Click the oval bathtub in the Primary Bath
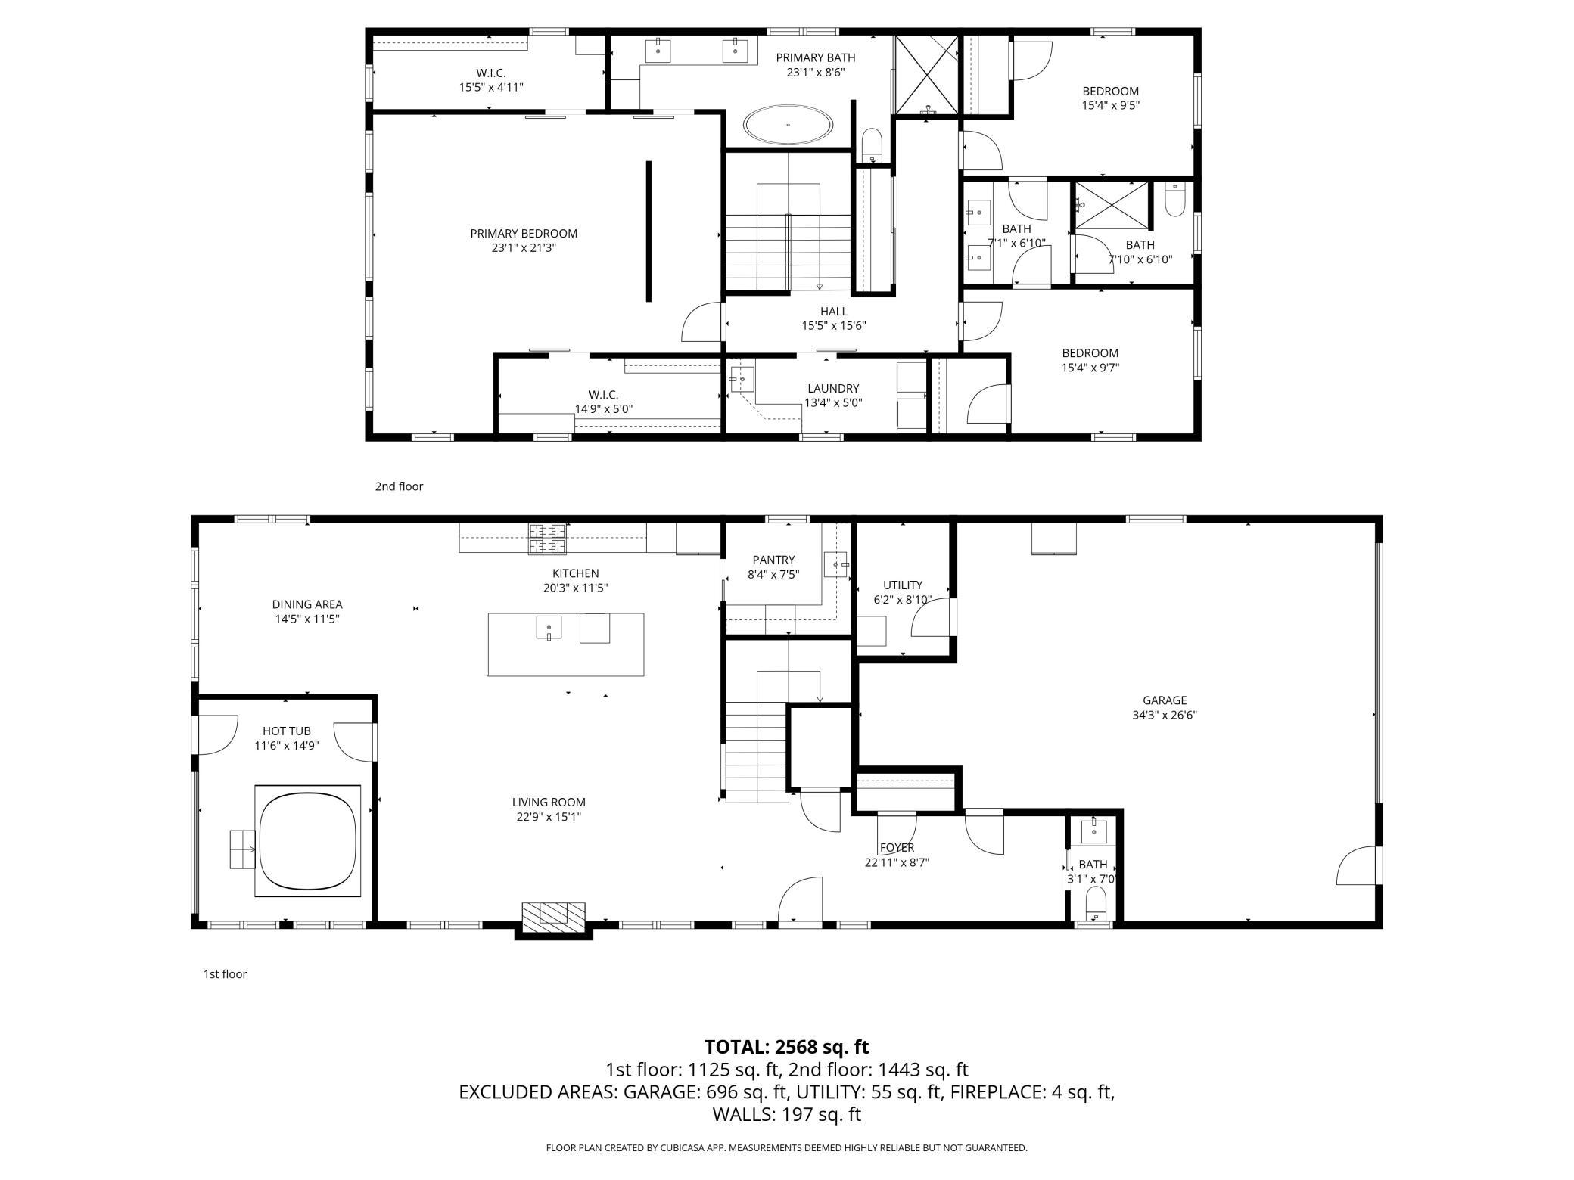(788, 124)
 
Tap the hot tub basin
(307, 840)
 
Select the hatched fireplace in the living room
(553, 916)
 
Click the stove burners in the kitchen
(547, 539)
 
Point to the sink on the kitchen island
(549, 628)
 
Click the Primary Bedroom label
(524, 234)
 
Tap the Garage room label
(1165, 700)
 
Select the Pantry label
(773, 560)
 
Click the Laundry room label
(833, 389)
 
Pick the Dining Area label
(307, 604)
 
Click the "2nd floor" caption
(399, 486)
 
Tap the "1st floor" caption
(225, 974)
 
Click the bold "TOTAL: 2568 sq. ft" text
(787, 1047)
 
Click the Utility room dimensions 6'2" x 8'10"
(903, 600)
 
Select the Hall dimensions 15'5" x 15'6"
(834, 326)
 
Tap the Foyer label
(897, 848)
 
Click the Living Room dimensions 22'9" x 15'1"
(549, 817)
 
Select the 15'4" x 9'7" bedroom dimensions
(1090, 368)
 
